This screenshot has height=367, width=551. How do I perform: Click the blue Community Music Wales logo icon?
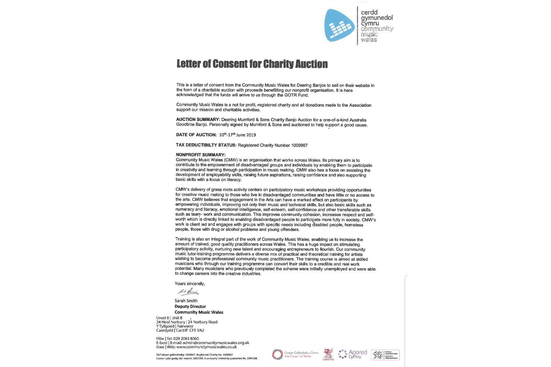[340, 25]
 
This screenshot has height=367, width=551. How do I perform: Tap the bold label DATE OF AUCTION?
[196, 135]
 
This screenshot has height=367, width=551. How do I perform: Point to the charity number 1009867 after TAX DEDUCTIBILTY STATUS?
[299, 145]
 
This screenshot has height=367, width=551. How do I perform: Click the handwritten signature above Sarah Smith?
[188, 292]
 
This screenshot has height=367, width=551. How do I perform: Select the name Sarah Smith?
[186, 301]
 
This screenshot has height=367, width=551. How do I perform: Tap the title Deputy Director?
[190, 306]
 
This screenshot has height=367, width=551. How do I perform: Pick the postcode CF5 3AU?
[196, 331]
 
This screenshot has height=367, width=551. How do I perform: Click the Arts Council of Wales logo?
[295, 355]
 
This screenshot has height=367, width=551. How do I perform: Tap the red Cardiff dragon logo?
[328, 354]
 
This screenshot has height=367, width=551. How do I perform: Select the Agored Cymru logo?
[353, 354]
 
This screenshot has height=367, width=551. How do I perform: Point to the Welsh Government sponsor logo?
[385, 355]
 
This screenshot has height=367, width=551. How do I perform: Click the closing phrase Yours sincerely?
[189, 284]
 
